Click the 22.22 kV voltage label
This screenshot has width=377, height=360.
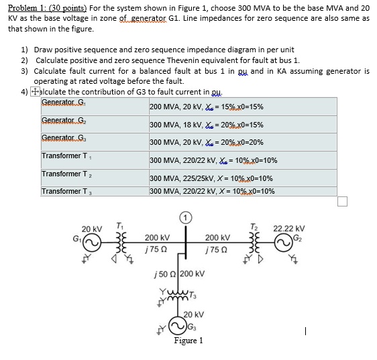[x=289, y=228]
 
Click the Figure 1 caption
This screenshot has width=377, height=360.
[x=188, y=341]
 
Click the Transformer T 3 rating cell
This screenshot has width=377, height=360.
[x=212, y=191]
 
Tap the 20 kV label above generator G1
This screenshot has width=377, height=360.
[x=92, y=229]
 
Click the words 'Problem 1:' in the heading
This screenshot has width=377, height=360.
[x=21, y=7]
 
